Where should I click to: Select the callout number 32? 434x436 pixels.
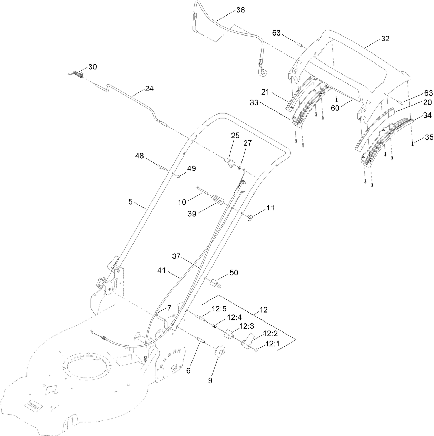coord(385,39)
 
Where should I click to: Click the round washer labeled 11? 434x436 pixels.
coord(249,218)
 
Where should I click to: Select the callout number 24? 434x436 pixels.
coord(149,89)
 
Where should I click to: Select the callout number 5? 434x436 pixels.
coord(131,202)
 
